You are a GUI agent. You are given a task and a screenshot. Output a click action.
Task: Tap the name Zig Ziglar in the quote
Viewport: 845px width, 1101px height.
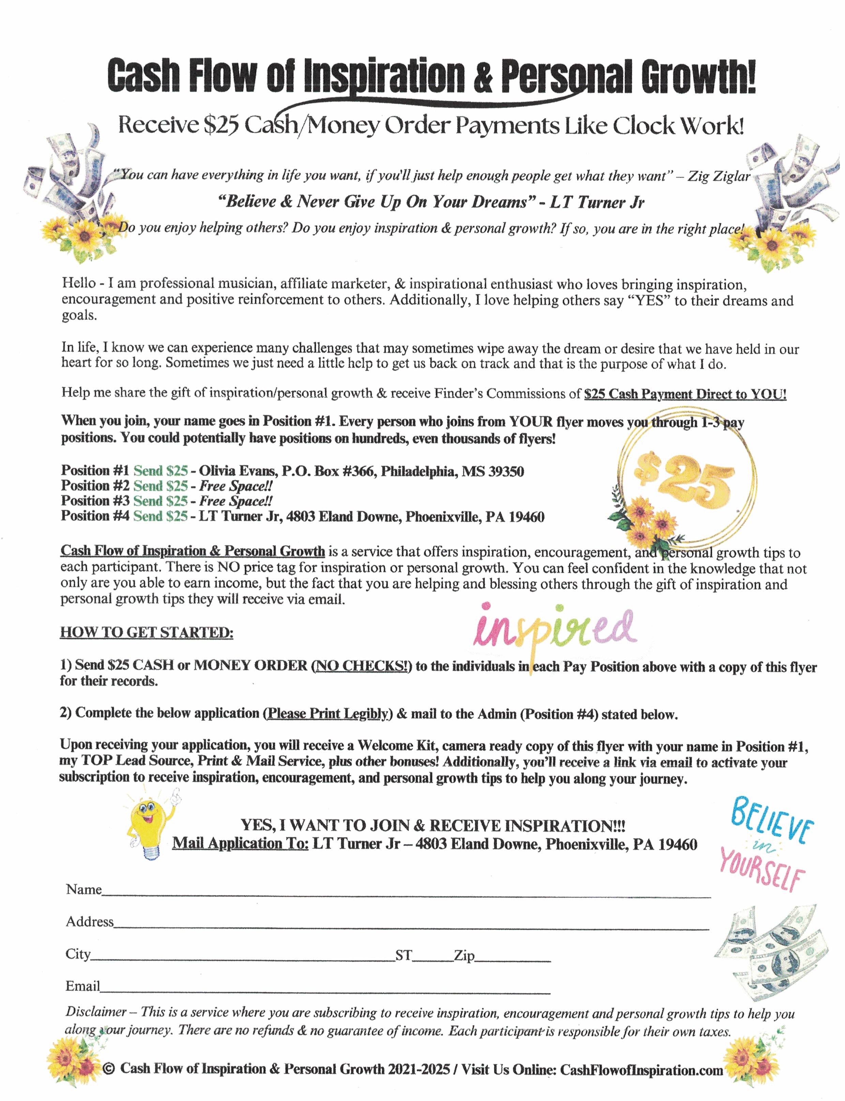coord(719,176)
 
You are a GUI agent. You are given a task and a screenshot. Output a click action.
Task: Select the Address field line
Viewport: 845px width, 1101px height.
coord(410,928)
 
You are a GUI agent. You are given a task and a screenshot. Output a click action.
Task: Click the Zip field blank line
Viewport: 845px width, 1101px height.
coord(513,961)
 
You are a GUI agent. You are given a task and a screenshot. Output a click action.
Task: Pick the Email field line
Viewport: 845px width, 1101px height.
coord(325,993)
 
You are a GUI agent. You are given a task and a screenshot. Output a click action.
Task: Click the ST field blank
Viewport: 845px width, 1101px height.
coord(433,961)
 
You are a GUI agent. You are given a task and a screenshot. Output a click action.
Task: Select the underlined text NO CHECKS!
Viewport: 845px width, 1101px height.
coord(361,666)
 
